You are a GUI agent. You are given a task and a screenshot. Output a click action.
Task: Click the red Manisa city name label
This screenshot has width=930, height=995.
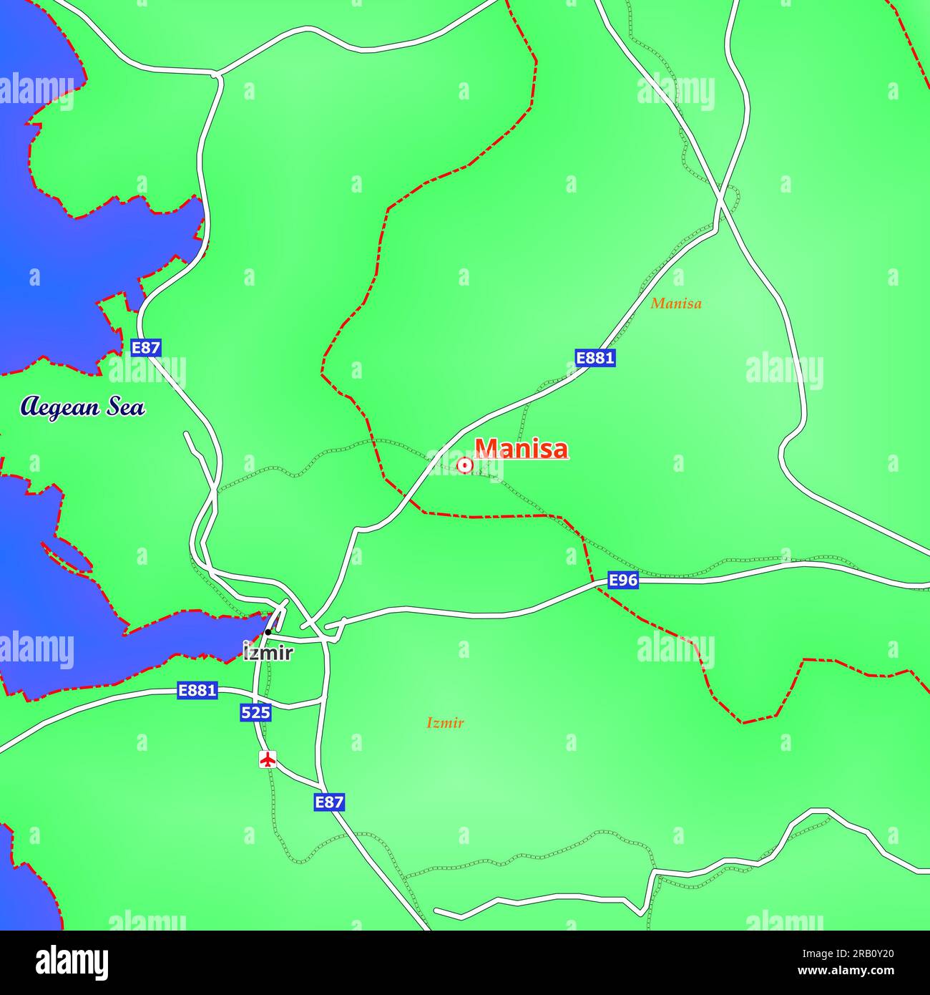(x=522, y=449)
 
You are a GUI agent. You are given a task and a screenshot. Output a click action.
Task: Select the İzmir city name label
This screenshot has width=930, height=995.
(x=268, y=653)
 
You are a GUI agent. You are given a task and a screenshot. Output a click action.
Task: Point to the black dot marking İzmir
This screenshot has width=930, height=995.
(x=268, y=632)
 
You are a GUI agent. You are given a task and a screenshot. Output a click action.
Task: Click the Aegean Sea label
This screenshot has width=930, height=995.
(x=83, y=407)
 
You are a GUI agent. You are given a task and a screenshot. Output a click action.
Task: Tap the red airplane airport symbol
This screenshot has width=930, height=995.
(x=268, y=759)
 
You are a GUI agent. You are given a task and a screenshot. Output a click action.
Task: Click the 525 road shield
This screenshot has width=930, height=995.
(x=255, y=712)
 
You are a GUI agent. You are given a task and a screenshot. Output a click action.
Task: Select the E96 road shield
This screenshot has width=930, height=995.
(x=622, y=580)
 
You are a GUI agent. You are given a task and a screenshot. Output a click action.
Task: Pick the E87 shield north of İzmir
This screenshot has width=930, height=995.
(x=146, y=348)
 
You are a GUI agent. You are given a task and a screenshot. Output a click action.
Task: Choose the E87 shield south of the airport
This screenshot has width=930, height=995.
(x=329, y=802)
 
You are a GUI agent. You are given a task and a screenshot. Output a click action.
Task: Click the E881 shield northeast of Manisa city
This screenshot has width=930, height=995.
(x=595, y=357)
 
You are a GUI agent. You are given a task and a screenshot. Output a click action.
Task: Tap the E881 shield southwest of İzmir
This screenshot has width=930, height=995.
(x=197, y=691)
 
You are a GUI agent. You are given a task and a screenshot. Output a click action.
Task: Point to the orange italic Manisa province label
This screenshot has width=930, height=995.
(x=676, y=304)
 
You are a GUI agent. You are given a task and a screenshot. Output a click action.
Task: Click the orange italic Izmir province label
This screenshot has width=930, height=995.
(x=445, y=723)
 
